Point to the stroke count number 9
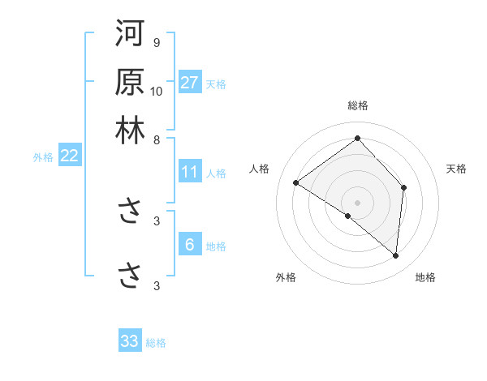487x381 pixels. (x=156, y=42)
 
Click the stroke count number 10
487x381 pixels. (x=157, y=91)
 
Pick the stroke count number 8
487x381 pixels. (x=156, y=139)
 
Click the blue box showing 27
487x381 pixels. (x=190, y=83)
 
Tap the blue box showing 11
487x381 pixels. (x=190, y=172)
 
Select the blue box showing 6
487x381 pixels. (x=189, y=246)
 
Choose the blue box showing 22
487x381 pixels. (x=69, y=156)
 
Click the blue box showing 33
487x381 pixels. (x=130, y=341)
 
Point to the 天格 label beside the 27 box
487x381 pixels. (x=216, y=83)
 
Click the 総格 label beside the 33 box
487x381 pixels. (x=156, y=342)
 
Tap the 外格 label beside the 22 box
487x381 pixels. (x=43, y=157)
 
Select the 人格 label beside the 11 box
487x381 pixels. (x=216, y=173)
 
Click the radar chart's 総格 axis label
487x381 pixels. (x=357, y=105)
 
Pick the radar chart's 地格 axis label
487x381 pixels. (x=425, y=277)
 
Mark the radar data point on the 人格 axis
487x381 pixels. (x=296, y=182)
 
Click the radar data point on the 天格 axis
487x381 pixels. (x=403, y=187)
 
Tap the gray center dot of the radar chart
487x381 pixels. (x=357, y=202)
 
